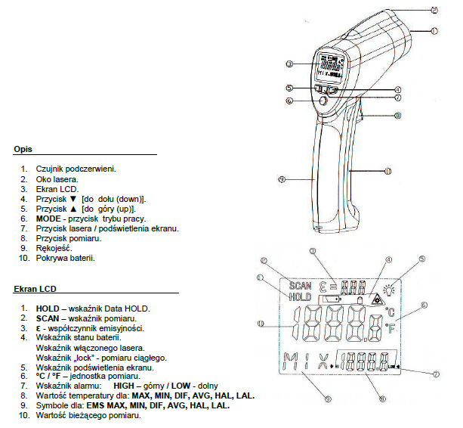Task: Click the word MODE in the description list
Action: (50, 218)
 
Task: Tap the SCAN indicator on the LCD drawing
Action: (300, 286)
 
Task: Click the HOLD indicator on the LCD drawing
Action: (300, 297)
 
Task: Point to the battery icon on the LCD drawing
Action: (332, 299)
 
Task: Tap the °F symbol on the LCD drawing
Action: (390, 327)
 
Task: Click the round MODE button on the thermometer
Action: (323, 100)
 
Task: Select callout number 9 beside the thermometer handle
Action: (280, 179)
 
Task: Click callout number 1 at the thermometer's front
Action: (435, 31)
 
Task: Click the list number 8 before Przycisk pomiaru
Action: (24, 237)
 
